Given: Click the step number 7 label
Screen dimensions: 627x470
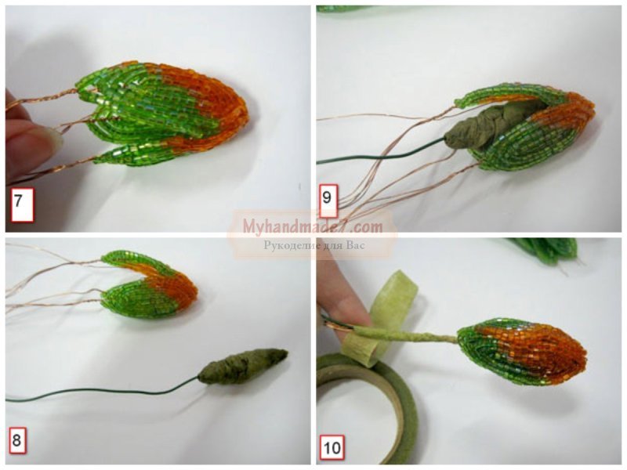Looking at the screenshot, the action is [x=23, y=204].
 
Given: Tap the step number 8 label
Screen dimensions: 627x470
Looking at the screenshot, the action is [x=17, y=440].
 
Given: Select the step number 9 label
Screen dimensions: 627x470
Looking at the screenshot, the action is [x=328, y=198].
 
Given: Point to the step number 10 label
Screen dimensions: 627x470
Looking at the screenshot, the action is [x=332, y=447].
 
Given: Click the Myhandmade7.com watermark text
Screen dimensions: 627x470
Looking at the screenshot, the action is [x=313, y=227].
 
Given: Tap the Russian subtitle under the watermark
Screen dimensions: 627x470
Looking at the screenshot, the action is [x=314, y=244].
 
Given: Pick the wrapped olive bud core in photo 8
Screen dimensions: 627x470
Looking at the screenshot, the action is [x=243, y=366].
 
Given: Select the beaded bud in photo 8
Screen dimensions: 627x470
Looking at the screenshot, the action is [x=150, y=284].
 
